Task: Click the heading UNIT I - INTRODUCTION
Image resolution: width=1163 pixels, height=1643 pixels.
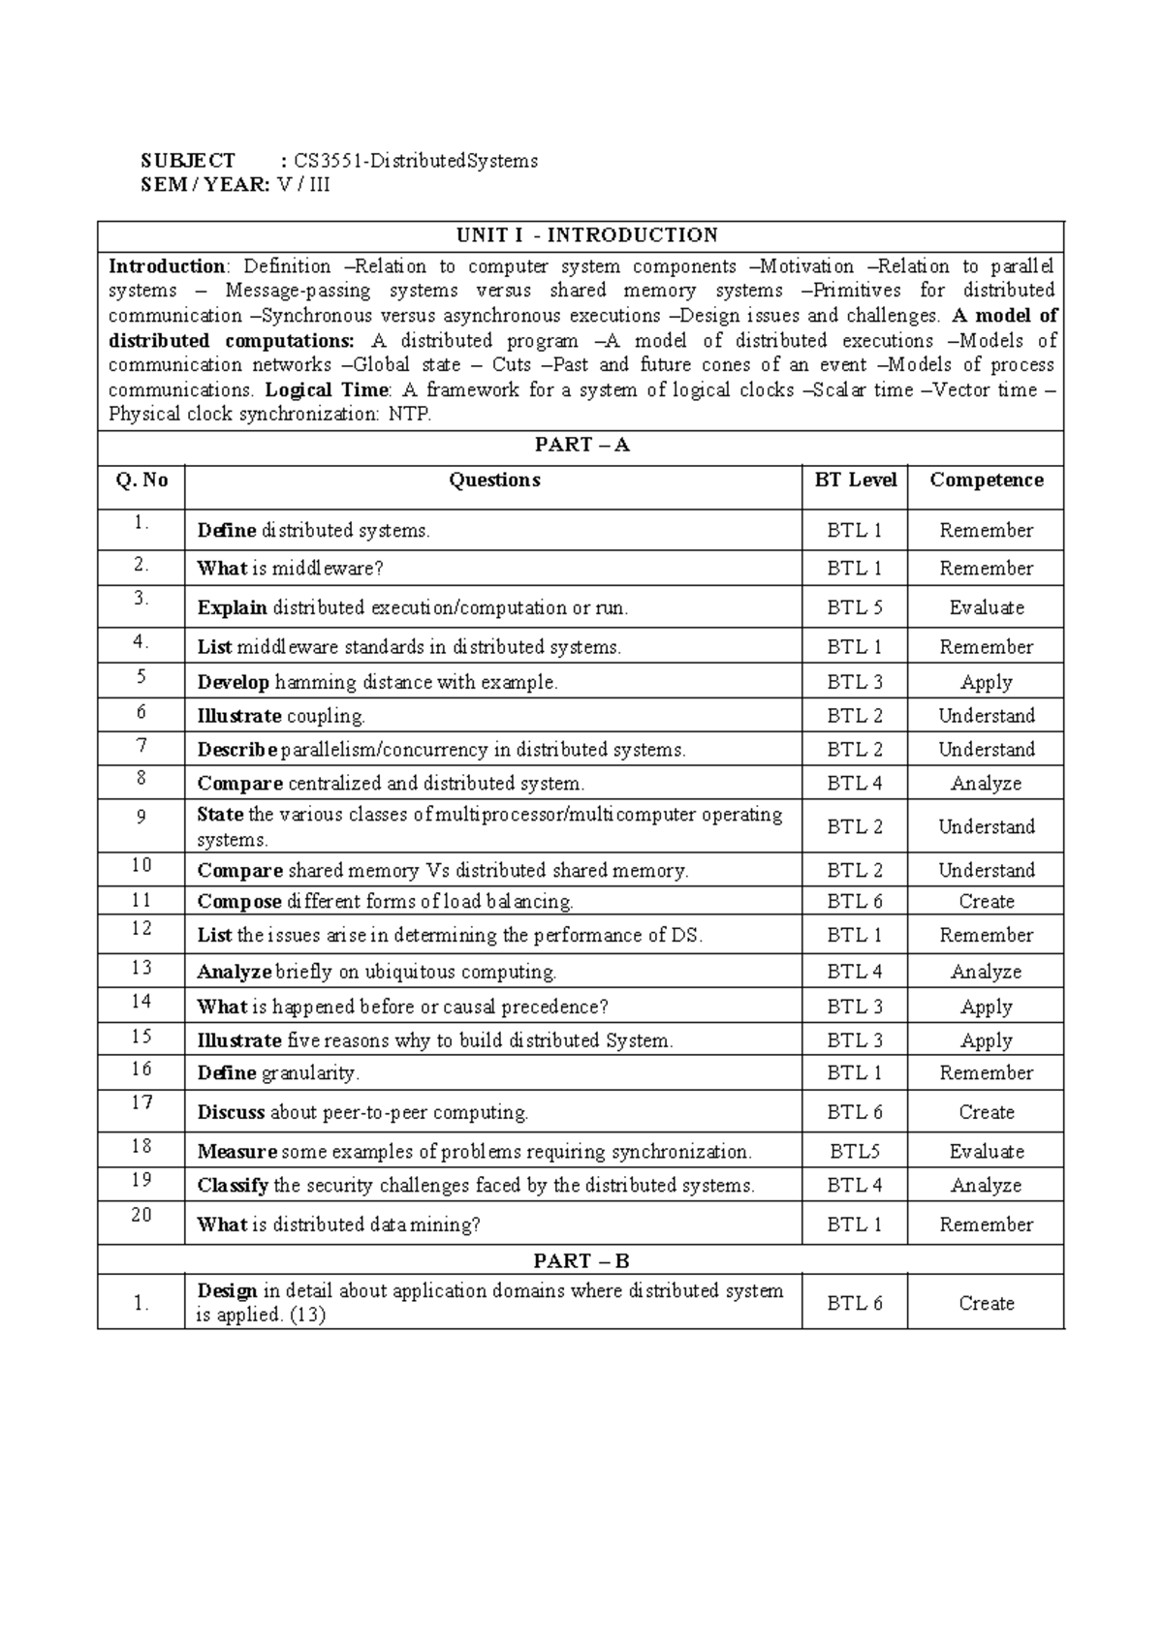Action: [587, 235]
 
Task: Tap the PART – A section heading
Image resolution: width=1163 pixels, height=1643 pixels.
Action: [581, 445]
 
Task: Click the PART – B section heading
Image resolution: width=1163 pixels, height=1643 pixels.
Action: [581, 1260]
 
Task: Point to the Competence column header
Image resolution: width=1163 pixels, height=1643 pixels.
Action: [986, 480]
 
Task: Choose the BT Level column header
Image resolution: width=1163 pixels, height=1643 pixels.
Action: [856, 480]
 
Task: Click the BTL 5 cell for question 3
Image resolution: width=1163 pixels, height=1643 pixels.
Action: [855, 607]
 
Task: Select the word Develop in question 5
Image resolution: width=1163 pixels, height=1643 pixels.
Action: [233, 682]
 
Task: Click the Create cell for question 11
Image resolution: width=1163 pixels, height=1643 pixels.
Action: [986, 902]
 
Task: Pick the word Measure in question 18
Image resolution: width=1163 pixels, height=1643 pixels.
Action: [236, 1152]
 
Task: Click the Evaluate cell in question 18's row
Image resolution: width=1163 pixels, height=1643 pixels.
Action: [986, 1152]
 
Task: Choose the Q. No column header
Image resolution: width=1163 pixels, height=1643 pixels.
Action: [141, 480]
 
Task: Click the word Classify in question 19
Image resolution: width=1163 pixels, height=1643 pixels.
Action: [233, 1186]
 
